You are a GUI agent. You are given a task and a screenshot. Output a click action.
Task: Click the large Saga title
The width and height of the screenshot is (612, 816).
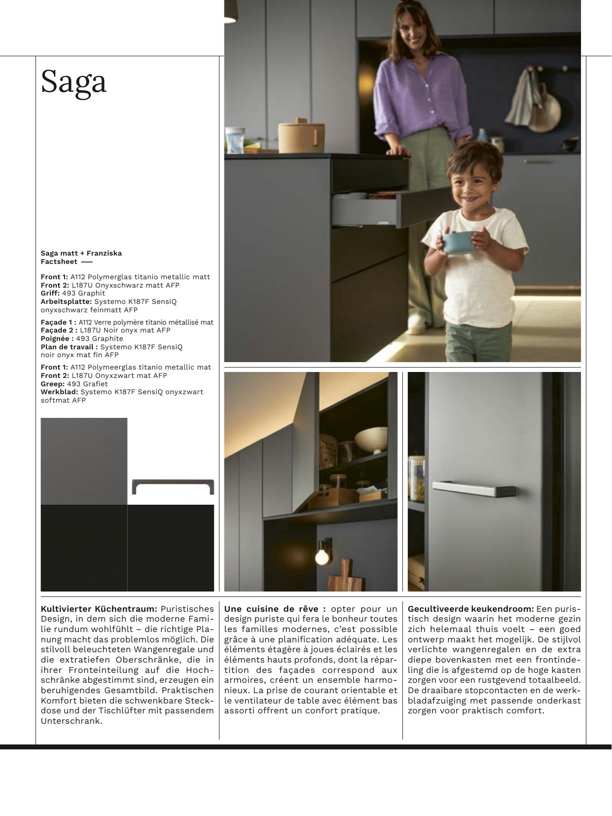(73, 81)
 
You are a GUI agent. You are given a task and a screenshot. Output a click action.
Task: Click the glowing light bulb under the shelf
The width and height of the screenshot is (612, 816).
(322, 557)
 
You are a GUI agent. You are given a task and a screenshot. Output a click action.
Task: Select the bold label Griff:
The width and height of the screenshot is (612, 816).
(50, 293)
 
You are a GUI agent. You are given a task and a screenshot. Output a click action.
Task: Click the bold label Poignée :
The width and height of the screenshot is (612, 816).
(57, 338)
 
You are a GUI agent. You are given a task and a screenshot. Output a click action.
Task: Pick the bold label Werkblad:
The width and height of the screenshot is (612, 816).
(59, 392)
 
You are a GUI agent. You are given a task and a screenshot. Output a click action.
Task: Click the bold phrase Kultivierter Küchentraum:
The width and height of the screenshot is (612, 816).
(99, 609)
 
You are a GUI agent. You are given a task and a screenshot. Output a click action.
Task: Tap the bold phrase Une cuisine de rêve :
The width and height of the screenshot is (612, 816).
(275, 609)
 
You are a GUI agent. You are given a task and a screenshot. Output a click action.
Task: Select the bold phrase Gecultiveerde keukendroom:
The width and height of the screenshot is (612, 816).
(470, 609)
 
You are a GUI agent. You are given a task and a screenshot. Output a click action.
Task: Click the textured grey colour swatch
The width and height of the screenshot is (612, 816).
(84, 461)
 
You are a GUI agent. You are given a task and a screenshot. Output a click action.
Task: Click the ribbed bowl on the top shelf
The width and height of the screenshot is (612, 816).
(371, 439)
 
